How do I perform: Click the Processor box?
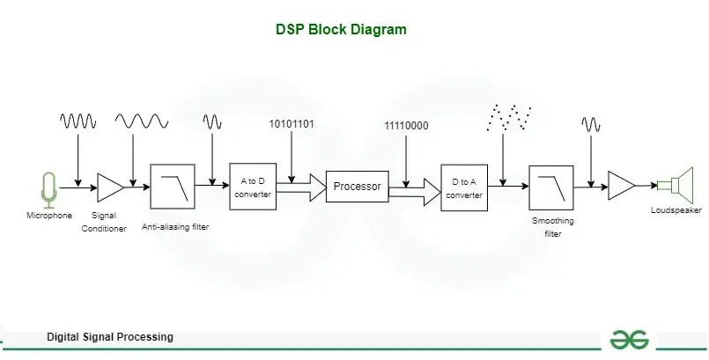tap(357, 187)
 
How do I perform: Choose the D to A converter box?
tap(464, 187)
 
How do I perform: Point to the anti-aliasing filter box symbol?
tap(172, 187)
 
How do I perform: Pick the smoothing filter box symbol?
tap(551, 187)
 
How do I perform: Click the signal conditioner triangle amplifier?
tap(110, 187)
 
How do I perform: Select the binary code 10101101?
tap(292, 123)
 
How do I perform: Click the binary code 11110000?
tap(406, 126)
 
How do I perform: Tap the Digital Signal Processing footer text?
tap(110, 337)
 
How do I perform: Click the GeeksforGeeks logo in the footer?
tap(631, 340)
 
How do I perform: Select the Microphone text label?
tap(49, 216)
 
